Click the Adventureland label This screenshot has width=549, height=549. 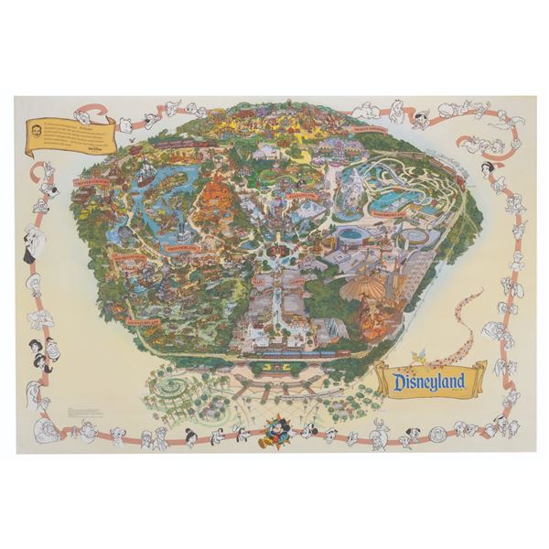[144, 322]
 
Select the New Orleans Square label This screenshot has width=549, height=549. [124, 258]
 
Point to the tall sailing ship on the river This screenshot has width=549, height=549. [144, 174]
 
